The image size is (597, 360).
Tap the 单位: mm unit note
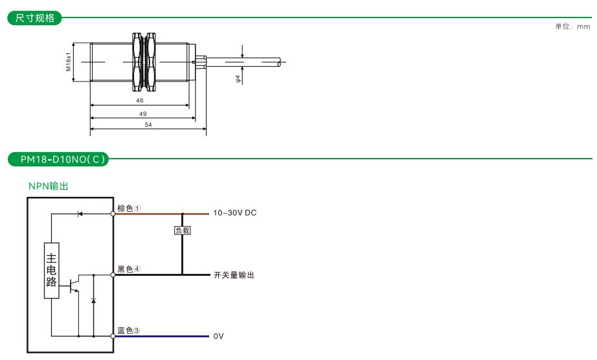(572, 27)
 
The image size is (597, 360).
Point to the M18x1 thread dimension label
(68, 62)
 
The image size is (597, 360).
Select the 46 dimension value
(140, 101)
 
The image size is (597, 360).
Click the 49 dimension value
(142, 113)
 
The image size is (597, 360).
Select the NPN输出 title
(48, 186)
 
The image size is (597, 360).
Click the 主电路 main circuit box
(51, 271)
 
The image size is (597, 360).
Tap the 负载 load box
(183, 230)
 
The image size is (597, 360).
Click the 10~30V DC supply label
(235, 213)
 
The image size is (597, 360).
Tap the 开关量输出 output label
(234, 275)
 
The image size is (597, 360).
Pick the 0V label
(218, 337)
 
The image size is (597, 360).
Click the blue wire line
(162, 337)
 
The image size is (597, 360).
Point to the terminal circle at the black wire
(113, 275)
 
